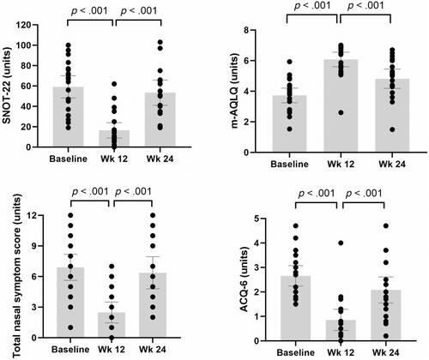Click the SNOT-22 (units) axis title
coord(7,85)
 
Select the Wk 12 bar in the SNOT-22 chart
coord(114,139)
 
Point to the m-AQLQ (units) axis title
coord(234,92)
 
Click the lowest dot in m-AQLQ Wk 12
coord(341,112)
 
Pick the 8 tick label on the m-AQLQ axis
coord(245,30)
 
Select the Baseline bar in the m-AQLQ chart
coord(289,123)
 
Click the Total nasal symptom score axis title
coord(17,276)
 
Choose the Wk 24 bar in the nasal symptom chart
coord(153,305)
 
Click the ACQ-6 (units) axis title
coord(245,279)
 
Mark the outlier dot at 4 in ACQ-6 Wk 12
coord(341,243)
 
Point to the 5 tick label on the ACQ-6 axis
coord(257,219)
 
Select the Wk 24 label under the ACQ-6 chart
coord(386,353)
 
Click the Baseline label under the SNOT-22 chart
coord(69,159)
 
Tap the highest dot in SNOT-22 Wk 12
coord(114,84)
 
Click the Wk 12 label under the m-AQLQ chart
coord(341,165)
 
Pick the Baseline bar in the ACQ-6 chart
coord(296,309)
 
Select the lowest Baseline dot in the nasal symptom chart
coord(70,327)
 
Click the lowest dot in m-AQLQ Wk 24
coord(392,129)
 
